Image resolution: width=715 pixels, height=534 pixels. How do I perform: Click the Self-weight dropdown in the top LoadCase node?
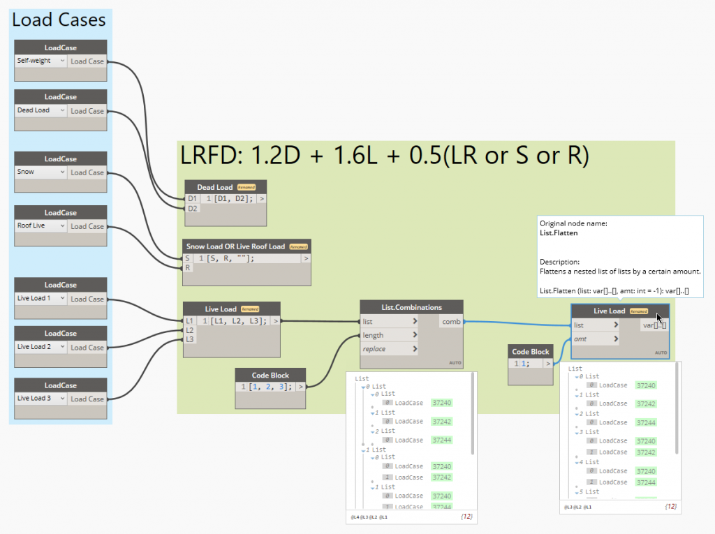[41, 61]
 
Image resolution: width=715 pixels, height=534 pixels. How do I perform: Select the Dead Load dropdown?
[41, 110]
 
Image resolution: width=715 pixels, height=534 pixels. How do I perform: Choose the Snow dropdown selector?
[41, 172]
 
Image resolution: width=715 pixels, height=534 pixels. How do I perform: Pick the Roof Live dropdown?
[41, 225]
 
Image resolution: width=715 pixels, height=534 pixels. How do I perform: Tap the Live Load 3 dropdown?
[41, 399]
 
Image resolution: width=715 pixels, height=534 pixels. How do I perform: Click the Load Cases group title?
[59, 20]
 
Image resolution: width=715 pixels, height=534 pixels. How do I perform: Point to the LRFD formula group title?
[385, 156]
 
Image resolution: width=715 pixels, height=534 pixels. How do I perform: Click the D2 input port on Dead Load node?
[192, 209]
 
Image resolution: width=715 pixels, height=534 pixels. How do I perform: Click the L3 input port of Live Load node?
[190, 339]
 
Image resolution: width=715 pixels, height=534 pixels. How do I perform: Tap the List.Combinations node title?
[411, 307]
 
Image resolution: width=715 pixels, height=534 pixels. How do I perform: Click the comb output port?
[451, 322]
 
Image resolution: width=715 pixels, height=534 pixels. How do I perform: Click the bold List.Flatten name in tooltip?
[559, 233]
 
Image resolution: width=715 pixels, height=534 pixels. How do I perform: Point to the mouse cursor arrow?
[660, 318]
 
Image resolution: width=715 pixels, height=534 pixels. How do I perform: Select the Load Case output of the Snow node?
[87, 172]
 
